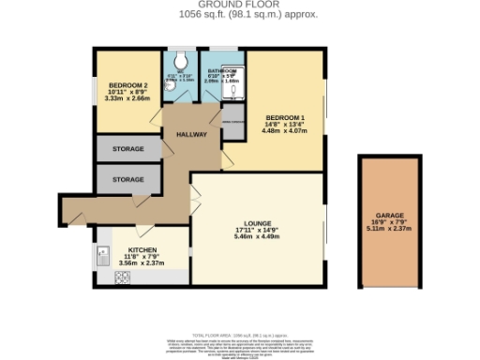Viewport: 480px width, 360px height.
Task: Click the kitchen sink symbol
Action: pyautogui.click(x=102, y=251)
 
